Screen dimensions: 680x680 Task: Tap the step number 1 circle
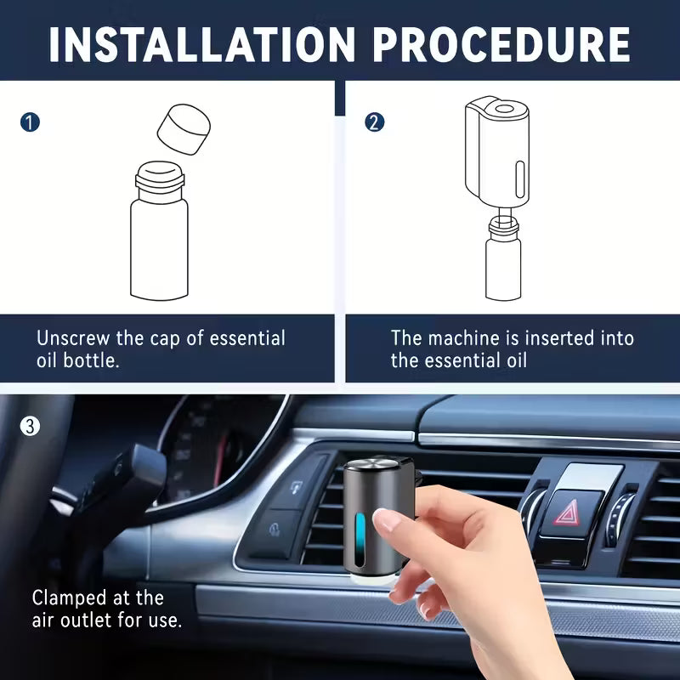(30, 122)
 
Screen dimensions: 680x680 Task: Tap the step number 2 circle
(374, 122)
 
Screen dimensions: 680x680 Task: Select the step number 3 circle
(30, 426)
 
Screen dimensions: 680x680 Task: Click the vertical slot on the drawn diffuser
(518, 180)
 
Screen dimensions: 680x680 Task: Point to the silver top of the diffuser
(371, 466)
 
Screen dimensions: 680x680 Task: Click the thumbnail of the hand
(387, 520)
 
